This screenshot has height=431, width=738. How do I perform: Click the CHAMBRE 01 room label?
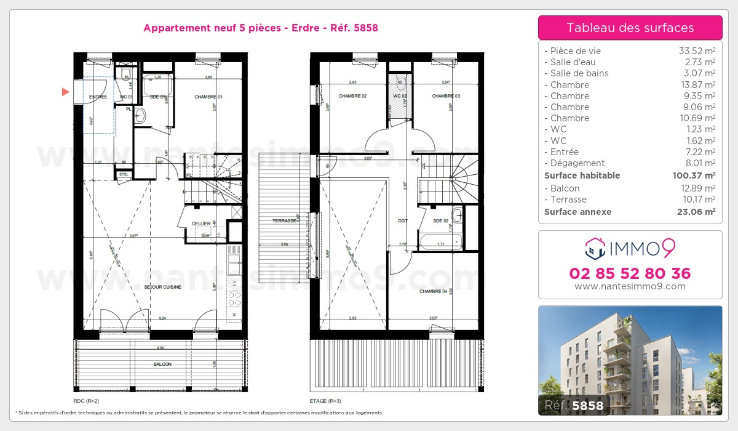(x=208, y=97)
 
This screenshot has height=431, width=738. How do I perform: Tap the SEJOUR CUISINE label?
(x=162, y=287)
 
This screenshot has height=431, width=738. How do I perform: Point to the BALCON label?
(x=162, y=365)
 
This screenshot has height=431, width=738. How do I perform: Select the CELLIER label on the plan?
(x=201, y=224)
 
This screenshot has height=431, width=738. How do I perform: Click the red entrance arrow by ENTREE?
(x=65, y=92)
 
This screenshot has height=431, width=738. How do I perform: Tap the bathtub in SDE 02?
(x=439, y=241)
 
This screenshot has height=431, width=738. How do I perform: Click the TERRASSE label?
(x=285, y=220)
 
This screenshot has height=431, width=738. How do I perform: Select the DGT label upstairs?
(x=403, y=220)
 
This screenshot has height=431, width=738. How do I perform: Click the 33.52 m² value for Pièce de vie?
(x=696, y=51)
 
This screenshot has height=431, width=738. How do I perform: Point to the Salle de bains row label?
(x=579, y=73)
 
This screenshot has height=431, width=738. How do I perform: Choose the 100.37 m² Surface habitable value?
(x=693, y=175)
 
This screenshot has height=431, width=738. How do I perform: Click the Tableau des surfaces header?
(x=630, y=28)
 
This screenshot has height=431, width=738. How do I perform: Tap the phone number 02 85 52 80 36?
(x=630, y=273)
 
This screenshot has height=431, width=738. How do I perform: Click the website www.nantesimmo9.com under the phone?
(x=630, y=286)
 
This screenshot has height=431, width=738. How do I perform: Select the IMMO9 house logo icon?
(x=594, y=249)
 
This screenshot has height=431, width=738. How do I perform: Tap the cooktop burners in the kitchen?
(x=234, y=299)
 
